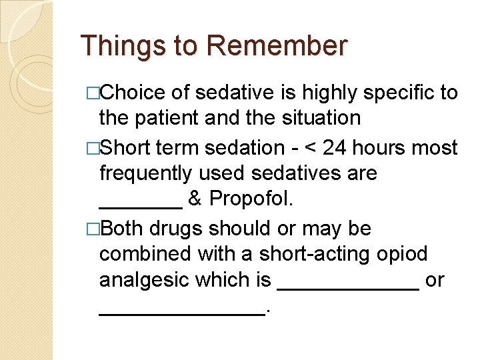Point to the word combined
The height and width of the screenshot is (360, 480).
click(x=147, y=255)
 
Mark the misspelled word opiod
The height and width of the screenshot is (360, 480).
click(x=403, y=255)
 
